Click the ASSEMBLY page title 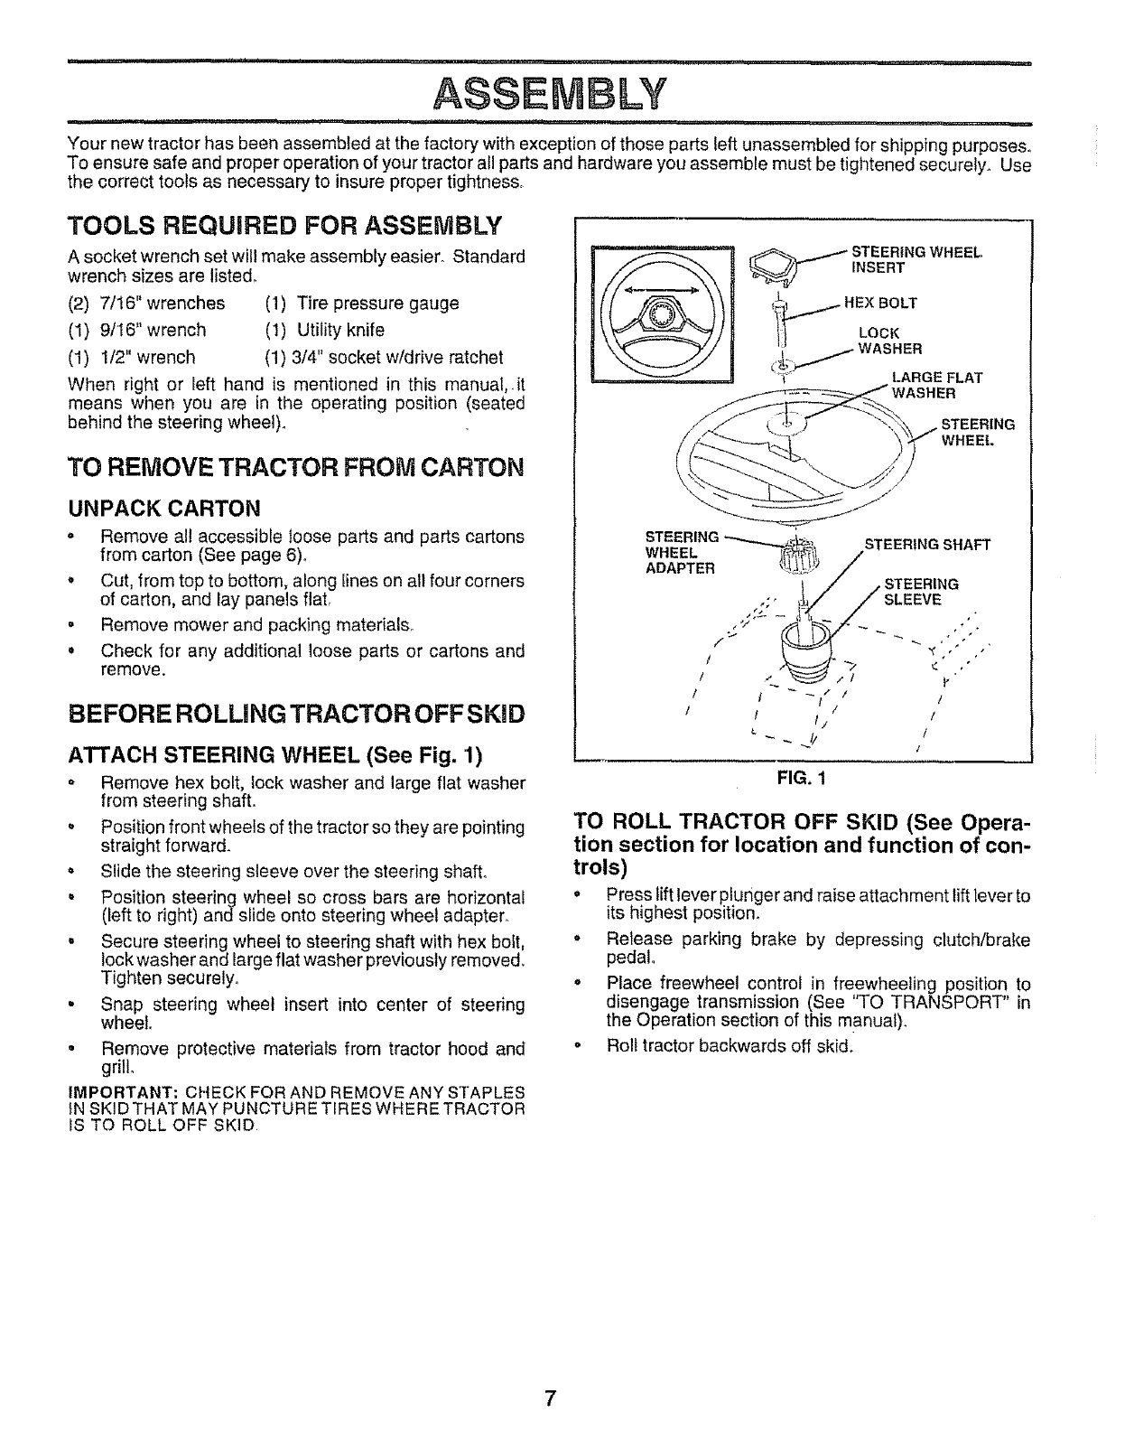pos(550,92)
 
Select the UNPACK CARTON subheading pos(164,505)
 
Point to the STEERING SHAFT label pos(927,545)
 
